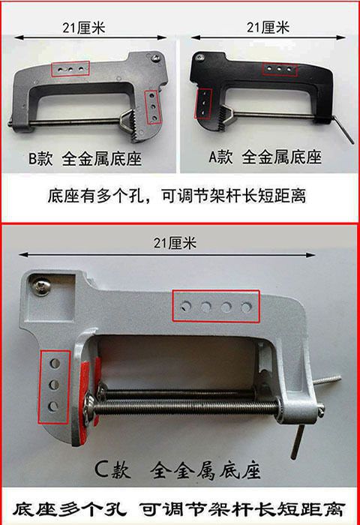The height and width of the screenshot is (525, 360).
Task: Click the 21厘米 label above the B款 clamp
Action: coord(84,28)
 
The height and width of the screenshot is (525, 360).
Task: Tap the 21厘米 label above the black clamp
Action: coord(268,27)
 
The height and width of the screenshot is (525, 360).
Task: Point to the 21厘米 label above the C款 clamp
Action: coord(175,242)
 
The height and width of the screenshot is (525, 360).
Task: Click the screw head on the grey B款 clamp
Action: coord(157,57)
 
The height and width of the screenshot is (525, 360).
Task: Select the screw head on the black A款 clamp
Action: coord(200,58)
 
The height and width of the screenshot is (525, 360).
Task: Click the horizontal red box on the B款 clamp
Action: coord(70,68)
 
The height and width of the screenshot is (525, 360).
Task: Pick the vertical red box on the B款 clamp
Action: coord(153,107)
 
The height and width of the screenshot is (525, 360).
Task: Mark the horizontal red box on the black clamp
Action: coord(280,69)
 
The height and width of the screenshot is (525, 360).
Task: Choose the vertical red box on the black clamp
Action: coord(203,103)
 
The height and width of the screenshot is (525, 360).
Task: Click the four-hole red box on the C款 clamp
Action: coord(216,306)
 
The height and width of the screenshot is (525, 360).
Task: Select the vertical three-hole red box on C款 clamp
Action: coord(54,387)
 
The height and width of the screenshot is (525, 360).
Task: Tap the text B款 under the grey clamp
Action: coord(40,159)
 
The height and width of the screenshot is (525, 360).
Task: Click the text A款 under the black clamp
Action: coord(220,157)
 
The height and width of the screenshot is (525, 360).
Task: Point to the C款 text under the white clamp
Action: coord(112,469)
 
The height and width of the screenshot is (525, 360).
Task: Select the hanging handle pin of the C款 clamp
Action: coord(298,439)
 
